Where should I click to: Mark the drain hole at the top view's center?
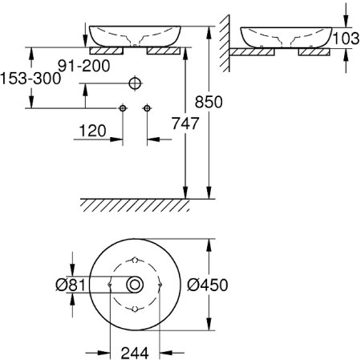(135, 284)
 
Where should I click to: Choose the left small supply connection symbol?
(123, 107)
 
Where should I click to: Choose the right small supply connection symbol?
(147, 107)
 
